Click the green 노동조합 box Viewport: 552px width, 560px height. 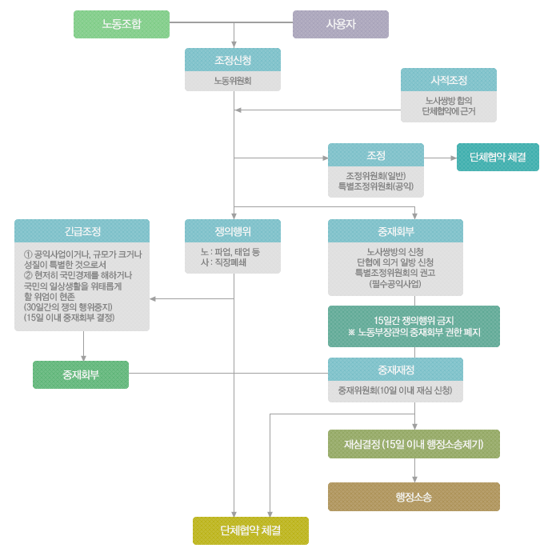click(122, 24)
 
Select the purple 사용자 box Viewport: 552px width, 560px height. click(340, 24)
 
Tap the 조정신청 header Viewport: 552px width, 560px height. click(233, 60)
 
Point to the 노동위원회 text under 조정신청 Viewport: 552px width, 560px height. click(233, 81)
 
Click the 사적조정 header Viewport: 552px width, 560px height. click(448, 80)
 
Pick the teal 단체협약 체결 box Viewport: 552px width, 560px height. click(498, 158)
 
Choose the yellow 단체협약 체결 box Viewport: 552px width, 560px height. click(250, 530)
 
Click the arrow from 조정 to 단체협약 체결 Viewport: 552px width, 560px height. click(440, 158)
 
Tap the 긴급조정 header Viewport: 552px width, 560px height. click(82, 231)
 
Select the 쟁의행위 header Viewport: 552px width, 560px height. click(233, 231)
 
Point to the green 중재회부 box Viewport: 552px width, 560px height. click(81, 374)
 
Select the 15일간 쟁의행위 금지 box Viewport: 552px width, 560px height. click(414, 326)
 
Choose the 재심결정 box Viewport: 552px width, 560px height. click(414, 444)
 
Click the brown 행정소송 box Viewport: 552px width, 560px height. click(414, 497)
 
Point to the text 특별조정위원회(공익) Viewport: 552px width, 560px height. click(376, 186)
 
